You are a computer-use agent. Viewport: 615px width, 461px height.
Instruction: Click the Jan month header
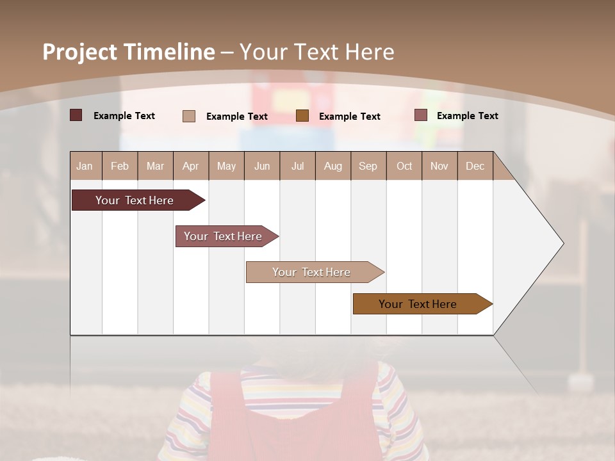click(x=85, y=166)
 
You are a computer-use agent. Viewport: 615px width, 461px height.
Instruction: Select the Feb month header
click(x=120, y=166)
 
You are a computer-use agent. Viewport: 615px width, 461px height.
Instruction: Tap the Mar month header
click(x=155, y=166)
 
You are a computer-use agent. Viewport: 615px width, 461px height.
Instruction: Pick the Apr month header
click(x=191, y=166)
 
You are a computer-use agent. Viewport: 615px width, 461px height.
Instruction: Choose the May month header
click(x=226, y=166)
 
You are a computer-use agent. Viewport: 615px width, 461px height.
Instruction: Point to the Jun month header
click(x=262, y=166)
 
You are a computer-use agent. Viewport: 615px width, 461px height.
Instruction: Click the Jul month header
click(x=297, y=166)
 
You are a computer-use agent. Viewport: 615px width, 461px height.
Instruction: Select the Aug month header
click(x=333, y=166)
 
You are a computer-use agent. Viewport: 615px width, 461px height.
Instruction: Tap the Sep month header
click(x=368, y=166)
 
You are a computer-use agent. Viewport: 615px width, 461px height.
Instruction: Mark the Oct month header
click(x=404, y=166)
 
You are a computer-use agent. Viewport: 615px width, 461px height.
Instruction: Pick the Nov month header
click(x=439, y=166)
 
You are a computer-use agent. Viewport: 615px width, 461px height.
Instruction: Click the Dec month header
click(x=475, y=166)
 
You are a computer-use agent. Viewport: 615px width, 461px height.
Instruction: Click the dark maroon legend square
click(x=76, y=115)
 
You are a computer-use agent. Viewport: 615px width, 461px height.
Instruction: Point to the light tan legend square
click(x=189, y=116)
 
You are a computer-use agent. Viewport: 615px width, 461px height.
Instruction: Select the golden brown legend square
click(x=302, y=115)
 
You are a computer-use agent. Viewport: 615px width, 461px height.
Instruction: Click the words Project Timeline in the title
click(x=128, y=52)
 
